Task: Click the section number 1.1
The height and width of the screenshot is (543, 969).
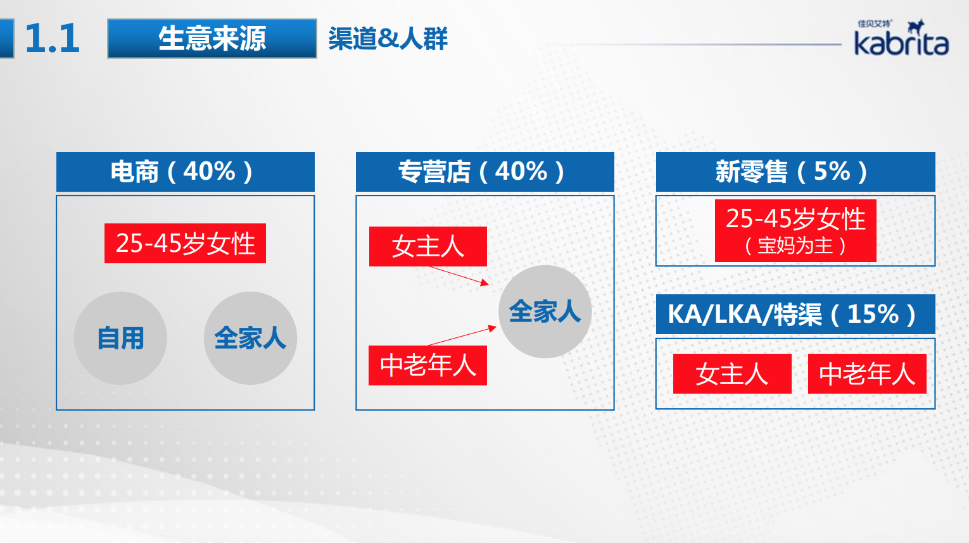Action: pyautogui.click(x=53, y=39)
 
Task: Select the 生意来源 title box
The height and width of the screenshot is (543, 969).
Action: pyautogui.click(x=212, y=39)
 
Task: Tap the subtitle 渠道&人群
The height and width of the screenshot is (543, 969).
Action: pyautogui.click(x=388, y=39)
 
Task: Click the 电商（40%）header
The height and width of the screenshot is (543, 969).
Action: pyautogui.click(x=185, y=172)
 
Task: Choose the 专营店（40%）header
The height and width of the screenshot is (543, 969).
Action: pyautogui.click(x=485, y=172)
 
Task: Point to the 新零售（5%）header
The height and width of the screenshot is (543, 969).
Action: pyautogui.click(x=795, y=172)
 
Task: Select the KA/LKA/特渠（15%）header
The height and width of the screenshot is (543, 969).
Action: pyautogui.click(x=795, y=315)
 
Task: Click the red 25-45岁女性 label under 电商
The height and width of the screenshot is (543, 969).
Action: pyautogui.click(x=185, y=244)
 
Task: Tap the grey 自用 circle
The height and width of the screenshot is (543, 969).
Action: pyautogui.click(x=120, y=338)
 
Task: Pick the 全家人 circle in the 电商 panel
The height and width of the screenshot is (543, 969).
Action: pyautogui.click(x=250, y=338)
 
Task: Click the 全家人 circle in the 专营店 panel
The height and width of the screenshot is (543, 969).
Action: pyautogui.click(x=545, y=311)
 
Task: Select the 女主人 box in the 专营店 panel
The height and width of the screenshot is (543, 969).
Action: pyautogui.click(x=428, y=246)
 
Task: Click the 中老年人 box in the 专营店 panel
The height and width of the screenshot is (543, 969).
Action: pyautogui.click(x=428, y=365)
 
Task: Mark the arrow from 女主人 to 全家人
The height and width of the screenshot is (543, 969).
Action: pyautogui.click(x=459, y=275)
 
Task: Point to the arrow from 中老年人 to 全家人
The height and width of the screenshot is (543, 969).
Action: pyautogui.click(x=462, y=336)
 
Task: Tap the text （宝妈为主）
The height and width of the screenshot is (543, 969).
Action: pyautogui.click(x=795, y=246)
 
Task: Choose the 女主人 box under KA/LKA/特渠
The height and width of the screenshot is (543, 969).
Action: pyautogui.click(x=732, y=373)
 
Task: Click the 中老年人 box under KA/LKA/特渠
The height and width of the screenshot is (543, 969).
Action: pyautogui.click(x=867, y=373)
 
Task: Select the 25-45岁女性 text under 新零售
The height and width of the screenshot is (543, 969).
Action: pyautogui.click(x=795, y=218)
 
